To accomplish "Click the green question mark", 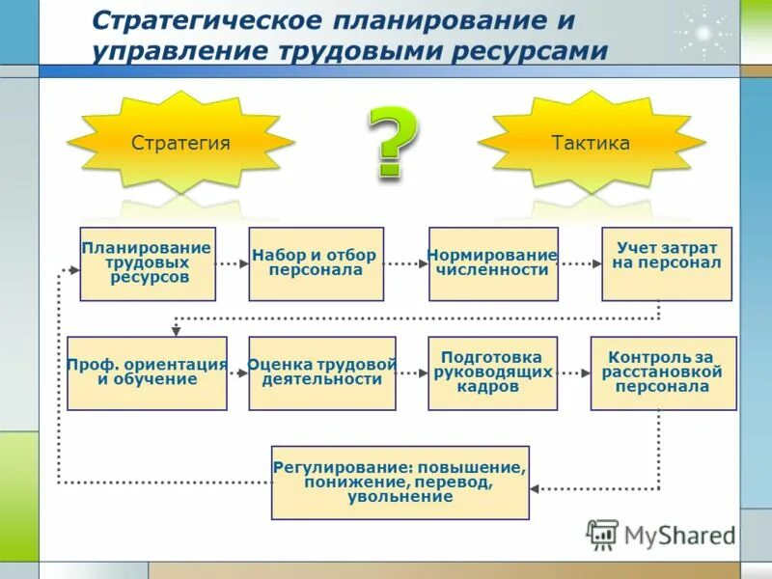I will click(392, 142).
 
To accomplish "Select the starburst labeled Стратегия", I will click(180, 144).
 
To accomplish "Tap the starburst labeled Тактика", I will click(591, 144).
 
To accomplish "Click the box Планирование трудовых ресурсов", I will click(147, 263).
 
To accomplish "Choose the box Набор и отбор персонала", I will click(316, 263).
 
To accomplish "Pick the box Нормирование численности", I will click(493, 263).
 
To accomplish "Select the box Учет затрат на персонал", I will click(667, 263).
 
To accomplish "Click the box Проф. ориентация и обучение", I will click(147, 372).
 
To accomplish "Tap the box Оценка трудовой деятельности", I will click(322, 372).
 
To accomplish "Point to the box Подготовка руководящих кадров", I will click(492, 372).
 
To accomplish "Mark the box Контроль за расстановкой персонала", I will click(663, 372).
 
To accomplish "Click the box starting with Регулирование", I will click(400, 482).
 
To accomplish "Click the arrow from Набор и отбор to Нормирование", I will click(406, 262).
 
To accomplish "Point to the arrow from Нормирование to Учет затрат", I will click(580, 262).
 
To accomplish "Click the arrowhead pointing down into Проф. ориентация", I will click(176, 330).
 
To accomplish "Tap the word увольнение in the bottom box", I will click(400, 498).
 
